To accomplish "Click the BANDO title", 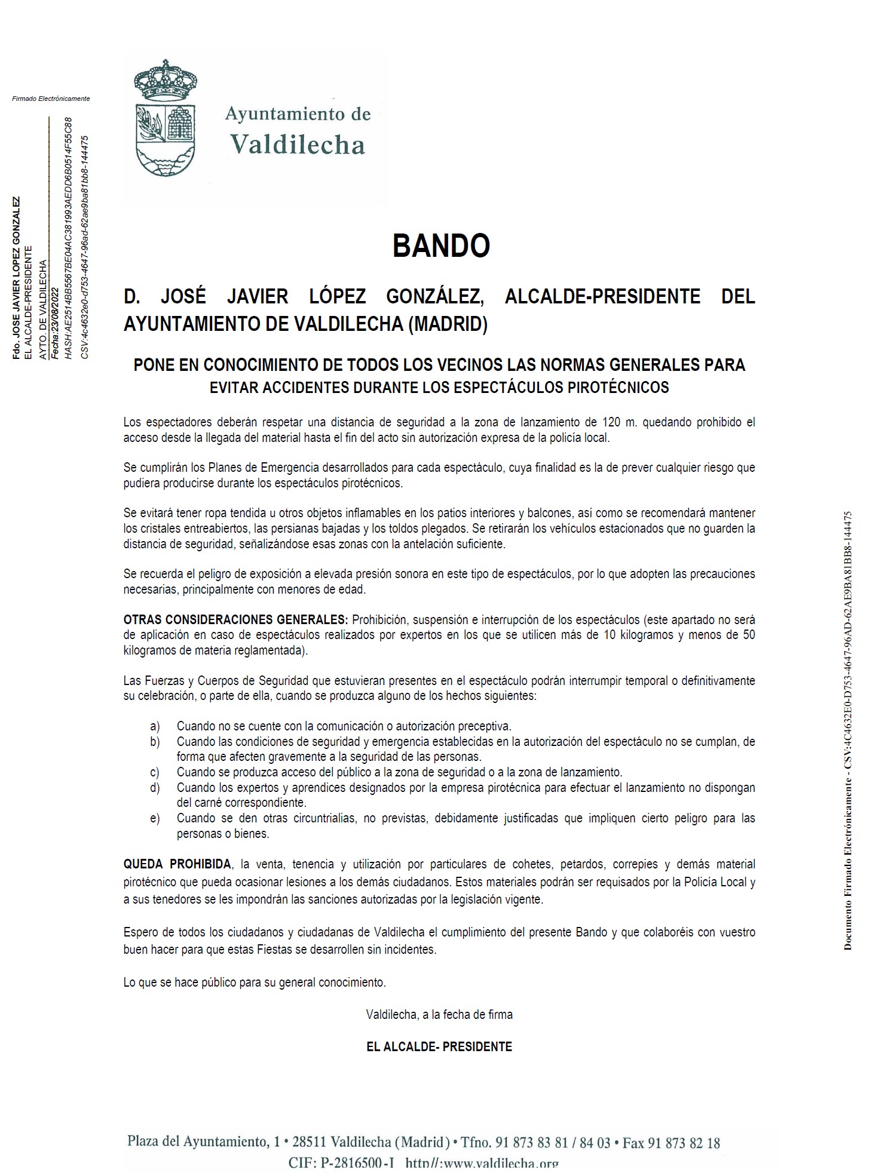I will [x=441, y=245].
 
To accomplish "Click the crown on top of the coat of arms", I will [x=165, y=78].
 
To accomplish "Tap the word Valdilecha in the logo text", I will [x=298, y=145].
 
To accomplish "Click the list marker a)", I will [x=155, y=726].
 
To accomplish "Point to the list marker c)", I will [x=155, y=772].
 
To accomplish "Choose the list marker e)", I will [x=155, y=818].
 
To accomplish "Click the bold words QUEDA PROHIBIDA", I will [x=177, y=864].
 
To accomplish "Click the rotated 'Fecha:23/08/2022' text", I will [x=55, y=323].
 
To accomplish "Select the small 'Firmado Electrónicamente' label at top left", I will [x=51, y=99].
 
